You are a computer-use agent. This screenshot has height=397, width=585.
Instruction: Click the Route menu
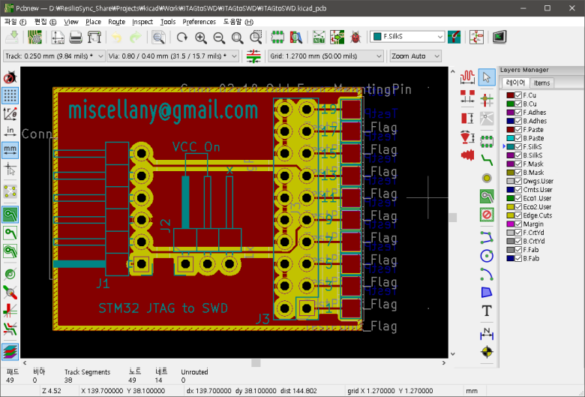pos(116,22)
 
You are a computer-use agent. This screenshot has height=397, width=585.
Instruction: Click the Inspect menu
pos(142,22)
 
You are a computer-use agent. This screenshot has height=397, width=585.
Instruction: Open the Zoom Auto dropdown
pos(415,56)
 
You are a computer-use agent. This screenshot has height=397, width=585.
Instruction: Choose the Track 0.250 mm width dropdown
pos(53,56)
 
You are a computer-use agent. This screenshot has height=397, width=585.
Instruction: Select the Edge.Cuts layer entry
pos(536,215)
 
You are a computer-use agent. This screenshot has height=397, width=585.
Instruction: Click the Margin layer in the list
pos(533,224)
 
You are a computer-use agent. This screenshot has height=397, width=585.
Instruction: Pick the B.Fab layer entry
pos(531,258)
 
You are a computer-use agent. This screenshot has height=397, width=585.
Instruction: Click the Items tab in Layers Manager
pos(541,83)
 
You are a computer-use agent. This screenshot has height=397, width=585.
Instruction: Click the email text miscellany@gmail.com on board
pos(163,111)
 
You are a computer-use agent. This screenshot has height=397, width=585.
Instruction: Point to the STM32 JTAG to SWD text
pos(163,308)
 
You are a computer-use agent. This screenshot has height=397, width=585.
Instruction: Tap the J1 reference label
pos(103,284)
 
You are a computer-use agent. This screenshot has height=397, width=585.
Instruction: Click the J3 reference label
pos(262,319)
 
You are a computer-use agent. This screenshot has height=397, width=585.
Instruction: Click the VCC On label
pos(196,146)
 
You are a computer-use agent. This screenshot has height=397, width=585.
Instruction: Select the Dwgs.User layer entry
pos(538,181)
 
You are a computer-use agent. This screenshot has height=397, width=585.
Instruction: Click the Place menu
pos(93,22)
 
